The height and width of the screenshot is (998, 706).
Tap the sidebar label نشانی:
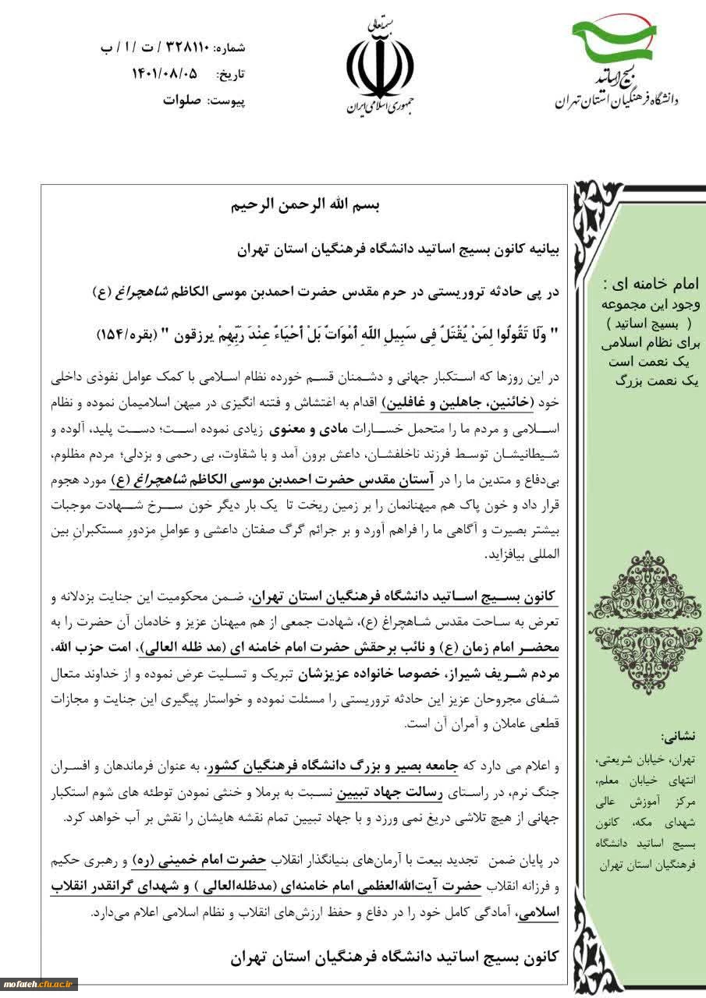coord(680,735)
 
